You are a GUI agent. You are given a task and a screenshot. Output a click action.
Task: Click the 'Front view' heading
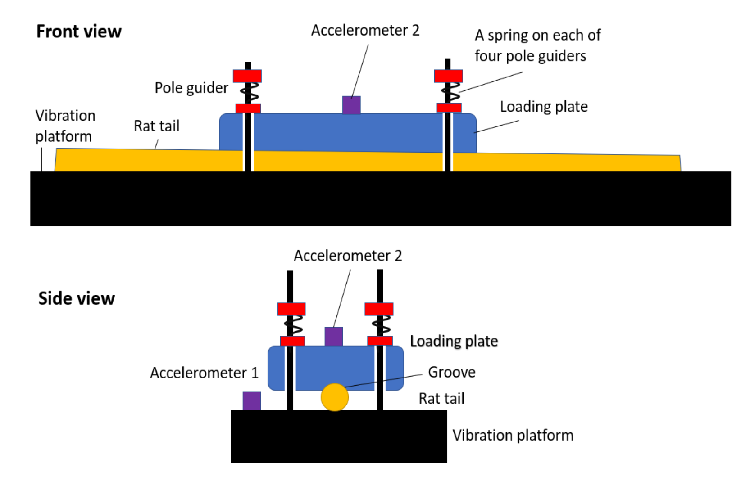(x=79, y=32)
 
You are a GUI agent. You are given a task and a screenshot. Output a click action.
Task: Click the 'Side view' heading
(x=76, y=298)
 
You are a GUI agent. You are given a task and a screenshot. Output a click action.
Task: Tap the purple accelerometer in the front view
(x=351, y=105)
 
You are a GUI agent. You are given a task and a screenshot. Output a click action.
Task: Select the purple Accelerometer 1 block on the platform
(x=252, y=401)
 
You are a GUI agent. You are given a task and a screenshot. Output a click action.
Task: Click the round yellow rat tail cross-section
(x=335, y=397)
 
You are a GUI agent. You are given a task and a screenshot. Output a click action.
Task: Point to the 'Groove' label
(x=451, y=372)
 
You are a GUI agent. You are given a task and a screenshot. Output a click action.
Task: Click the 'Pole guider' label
(x=191, y=88)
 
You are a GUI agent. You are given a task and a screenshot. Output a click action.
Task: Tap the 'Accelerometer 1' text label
(x=204, y=373)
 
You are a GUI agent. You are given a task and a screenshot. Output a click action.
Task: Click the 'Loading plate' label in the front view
(x=544, y=107)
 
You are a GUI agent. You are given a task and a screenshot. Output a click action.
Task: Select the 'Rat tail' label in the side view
(x=441, y=399)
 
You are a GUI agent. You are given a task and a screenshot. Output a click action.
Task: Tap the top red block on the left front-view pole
(x=247, y=76)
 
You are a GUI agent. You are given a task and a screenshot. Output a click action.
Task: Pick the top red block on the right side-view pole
(x=379, y=309)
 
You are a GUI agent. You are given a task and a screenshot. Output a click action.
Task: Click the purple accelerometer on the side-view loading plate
(x=334, y=336)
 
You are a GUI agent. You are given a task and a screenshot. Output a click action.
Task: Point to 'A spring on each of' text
(x=537, y=35)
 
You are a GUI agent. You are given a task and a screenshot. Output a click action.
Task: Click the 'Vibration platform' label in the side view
(x=513, y=435)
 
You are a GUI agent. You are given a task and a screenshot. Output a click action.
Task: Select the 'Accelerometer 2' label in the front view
(x=365, y=31)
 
